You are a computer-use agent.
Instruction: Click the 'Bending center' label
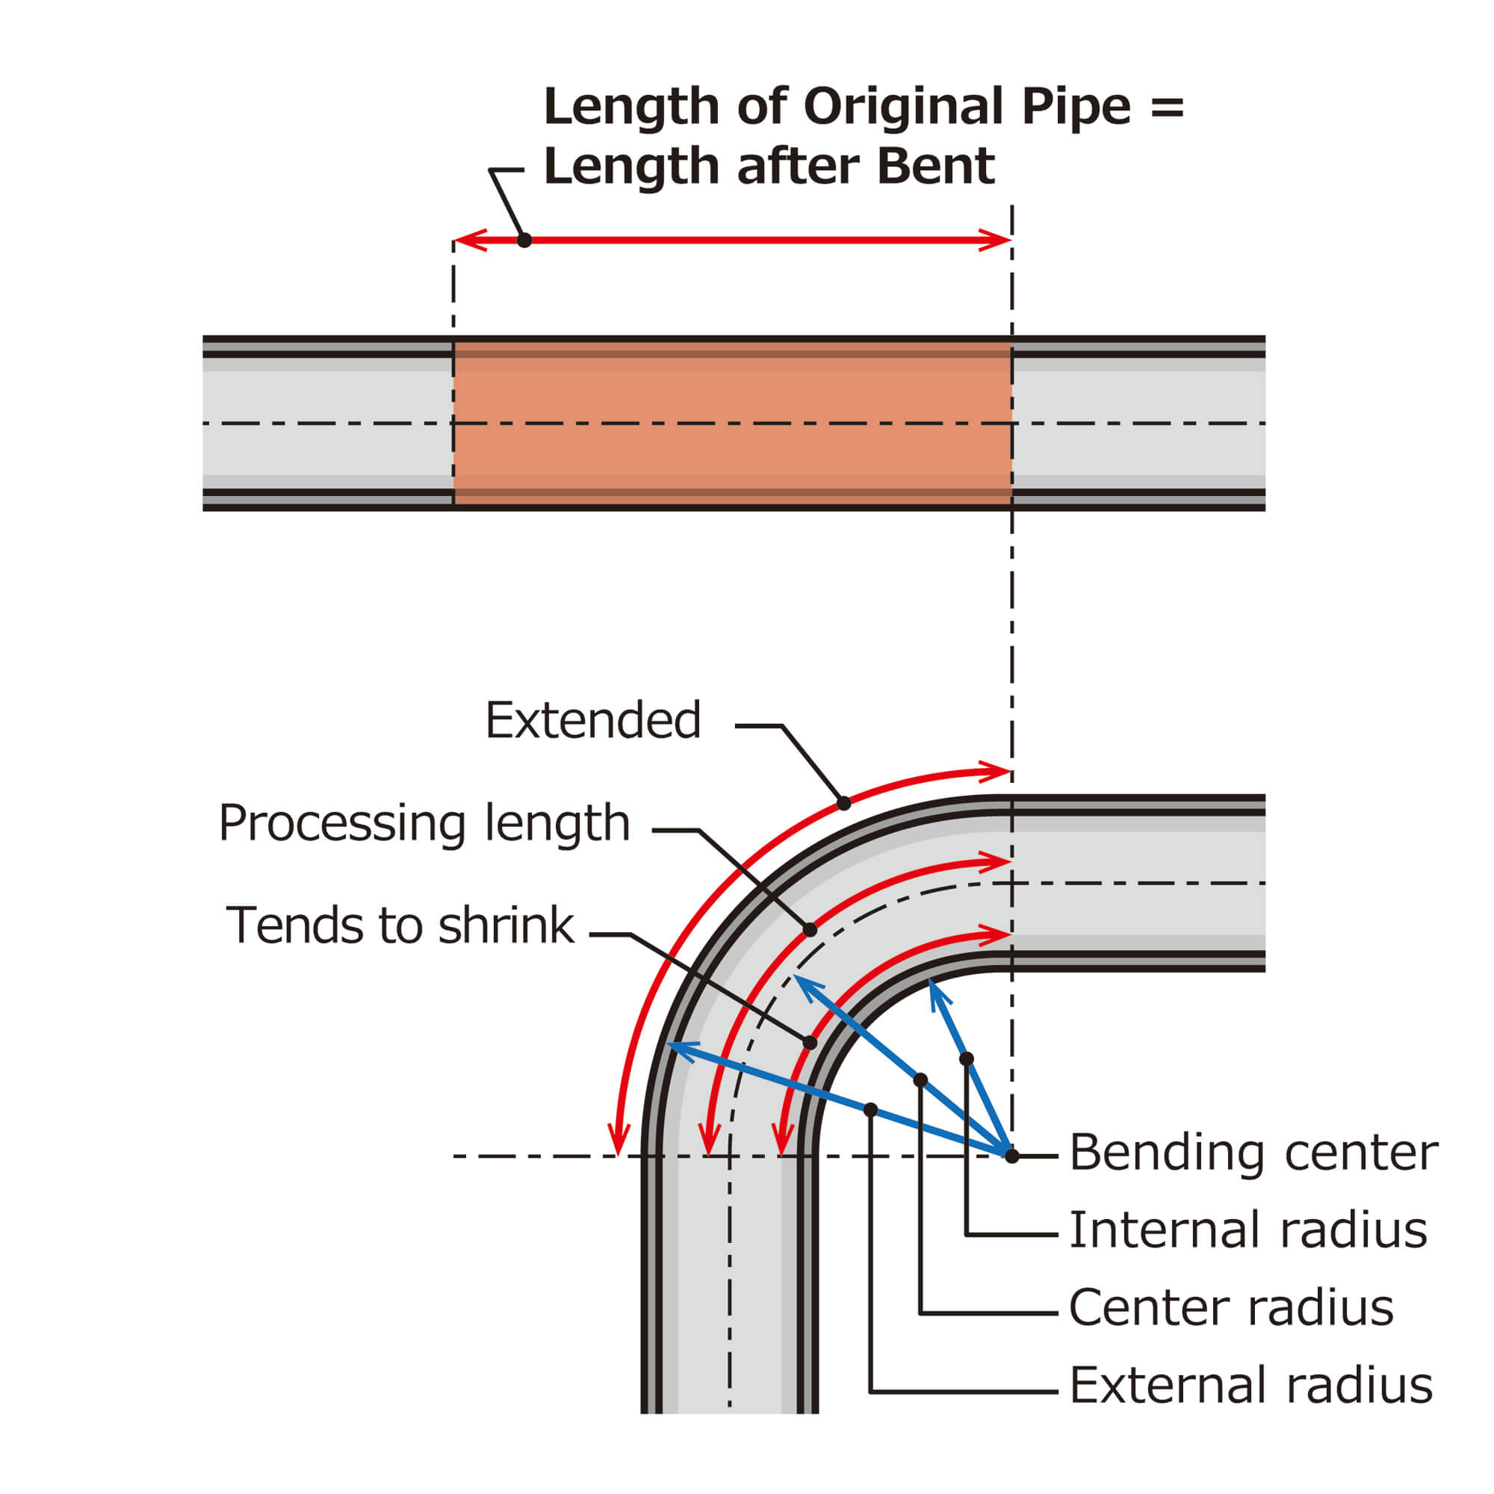pyautogui.click(x=1253, y=1153)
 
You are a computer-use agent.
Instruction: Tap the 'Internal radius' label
pyautogui.click(x=1247, y=1230)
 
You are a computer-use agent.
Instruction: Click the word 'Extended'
pyautogui.click(x=592, y=720)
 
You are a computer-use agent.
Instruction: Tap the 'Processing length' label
pyautogui.click(x=424, y=822)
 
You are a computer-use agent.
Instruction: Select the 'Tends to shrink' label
pyautogui.click(x=400, y=926)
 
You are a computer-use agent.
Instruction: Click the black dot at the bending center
pyautogui.click(x=1011, y=1156)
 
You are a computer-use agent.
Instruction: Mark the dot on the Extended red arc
pyautogui.click(x=843, y=804)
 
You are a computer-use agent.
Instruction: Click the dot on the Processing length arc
pyautogui.click(x=810, y=929)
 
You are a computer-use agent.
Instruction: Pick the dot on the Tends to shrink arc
pyautogui.click(x=810, y=1043)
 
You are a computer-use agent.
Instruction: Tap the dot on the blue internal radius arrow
pyautogui.click(x=966, y=1058)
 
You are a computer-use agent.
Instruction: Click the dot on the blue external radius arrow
pyautogui.click(x=870, y=1110)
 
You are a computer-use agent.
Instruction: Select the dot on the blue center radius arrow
pyautogui.click(x=920, y=1080)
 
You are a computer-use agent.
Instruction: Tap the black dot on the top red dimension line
pyautogui.click(x=524, y=241)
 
